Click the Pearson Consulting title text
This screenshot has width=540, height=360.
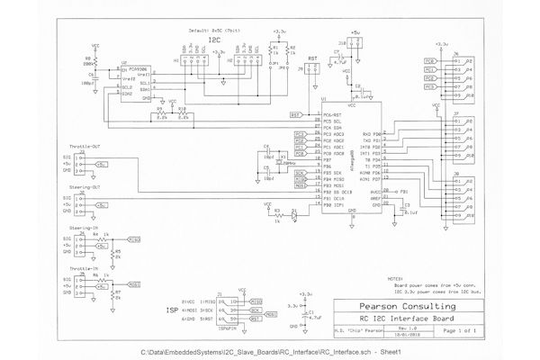402,307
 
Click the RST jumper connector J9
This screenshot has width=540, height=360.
312,76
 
